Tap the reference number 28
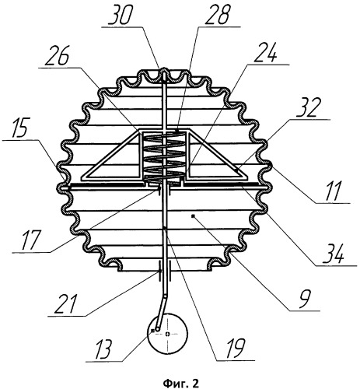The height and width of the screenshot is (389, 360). (218, 16)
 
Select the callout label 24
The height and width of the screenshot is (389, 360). (266, 54)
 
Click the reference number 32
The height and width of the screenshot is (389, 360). (306, 109)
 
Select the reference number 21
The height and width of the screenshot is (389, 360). (65, 305)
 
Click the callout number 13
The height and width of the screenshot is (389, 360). (103, 349)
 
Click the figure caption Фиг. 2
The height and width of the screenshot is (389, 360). (180, 382)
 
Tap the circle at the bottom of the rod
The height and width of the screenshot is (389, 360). (167, 334)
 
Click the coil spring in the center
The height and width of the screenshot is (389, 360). (164, 156)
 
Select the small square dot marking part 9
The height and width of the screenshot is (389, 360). (192, 216)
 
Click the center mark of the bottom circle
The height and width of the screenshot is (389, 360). (168, 334)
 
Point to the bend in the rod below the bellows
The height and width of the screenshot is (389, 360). (166, 296)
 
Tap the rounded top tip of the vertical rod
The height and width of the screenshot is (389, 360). (164, 69)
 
